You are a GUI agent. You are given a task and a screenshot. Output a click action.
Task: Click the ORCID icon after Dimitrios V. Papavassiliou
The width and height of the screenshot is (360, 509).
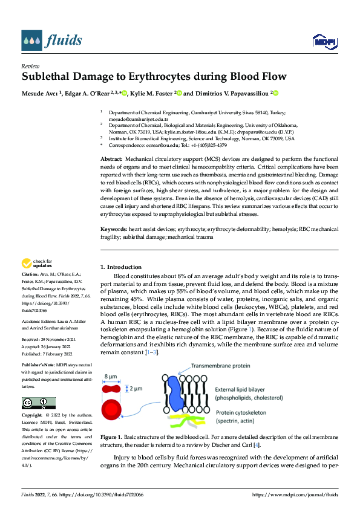(273, 93)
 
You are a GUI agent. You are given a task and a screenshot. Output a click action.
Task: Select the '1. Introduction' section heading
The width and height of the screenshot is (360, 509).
(121, 267)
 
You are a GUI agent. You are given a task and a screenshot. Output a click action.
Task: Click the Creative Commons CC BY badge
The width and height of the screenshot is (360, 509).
(38, 403)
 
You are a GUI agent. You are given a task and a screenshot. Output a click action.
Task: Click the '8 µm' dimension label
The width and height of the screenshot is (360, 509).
(111, 376)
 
